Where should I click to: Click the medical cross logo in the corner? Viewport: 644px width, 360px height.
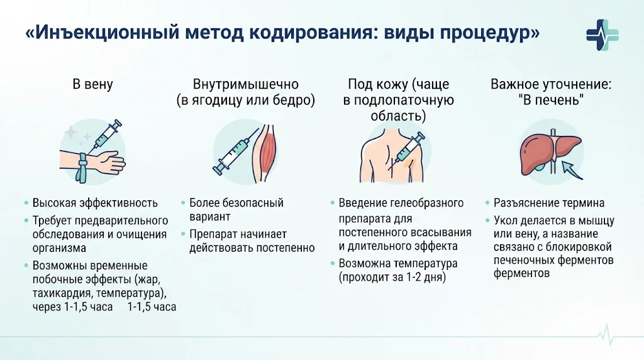point(602,35)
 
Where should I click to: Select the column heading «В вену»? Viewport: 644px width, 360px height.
point(93,84)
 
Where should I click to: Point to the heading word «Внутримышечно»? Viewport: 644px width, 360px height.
point(246,84)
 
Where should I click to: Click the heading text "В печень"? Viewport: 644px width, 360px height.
point(551,100)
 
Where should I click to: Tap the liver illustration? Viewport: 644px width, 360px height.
point(550,155)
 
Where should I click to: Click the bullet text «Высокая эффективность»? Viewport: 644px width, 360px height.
point(95,203)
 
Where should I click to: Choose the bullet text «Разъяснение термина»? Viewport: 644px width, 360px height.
point(548,203)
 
